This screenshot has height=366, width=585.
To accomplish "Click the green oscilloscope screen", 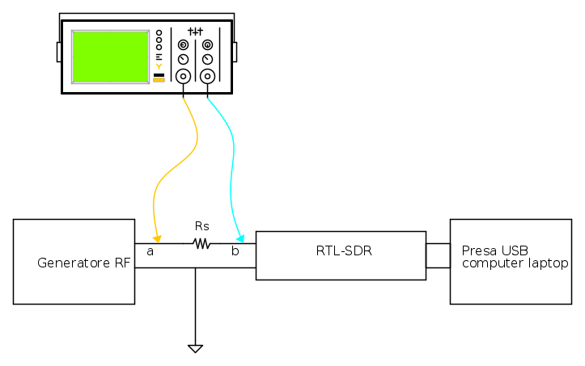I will [110, 57].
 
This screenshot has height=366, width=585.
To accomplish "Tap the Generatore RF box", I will [74, 261].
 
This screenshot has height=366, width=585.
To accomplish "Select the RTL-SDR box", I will [341, 255].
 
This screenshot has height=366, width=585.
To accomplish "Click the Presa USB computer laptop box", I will [511, 261].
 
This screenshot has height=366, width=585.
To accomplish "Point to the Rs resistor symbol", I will [201, 243].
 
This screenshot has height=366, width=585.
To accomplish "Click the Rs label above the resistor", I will [202, 226].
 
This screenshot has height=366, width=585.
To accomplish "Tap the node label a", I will [150, 252].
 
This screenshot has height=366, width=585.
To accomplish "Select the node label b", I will [235, 252].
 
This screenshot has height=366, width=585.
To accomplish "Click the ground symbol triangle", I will [195, 348].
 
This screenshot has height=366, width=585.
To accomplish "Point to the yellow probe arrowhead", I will [158, 238].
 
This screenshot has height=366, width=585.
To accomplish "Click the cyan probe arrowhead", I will [240, 238].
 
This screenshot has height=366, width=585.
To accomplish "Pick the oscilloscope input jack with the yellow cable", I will [184, 77].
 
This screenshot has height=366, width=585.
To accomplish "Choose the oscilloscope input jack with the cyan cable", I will [208, 77].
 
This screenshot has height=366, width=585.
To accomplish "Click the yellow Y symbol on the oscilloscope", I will [159, 66].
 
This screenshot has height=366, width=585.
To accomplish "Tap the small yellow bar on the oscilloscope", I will [159, 80].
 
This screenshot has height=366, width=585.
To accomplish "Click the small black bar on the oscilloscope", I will [159, 74].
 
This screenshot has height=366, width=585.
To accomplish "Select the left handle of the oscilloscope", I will [59, 53].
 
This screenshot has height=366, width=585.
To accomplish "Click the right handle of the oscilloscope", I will [235, 53].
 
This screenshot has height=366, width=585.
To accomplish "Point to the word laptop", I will [546, 263].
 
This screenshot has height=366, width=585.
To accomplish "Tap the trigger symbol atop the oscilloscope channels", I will [195, 31].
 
